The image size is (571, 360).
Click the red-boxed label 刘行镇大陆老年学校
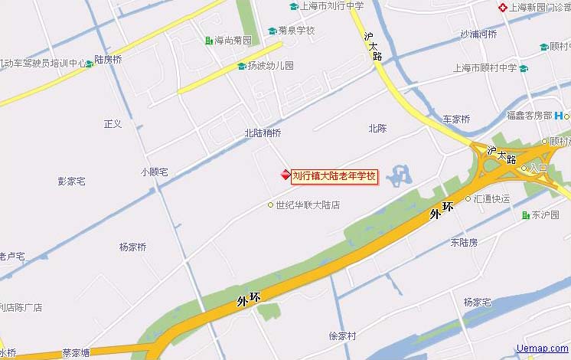click(x=334, y=176)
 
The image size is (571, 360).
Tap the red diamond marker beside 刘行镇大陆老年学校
click(x=285, y=176)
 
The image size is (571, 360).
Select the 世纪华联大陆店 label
click(x=308, y=205)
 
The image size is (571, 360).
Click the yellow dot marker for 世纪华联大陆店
click(x=270, y=205)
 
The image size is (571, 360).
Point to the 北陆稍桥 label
click(x=263, y=133)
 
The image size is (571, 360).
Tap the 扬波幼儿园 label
click(x=270, y=66)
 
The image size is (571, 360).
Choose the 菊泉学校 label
click(x=296, y=31)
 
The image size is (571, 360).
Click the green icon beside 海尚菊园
click(x=209, y=41)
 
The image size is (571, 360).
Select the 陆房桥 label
click(x=108, y=59)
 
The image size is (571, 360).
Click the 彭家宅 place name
click(x=71, y=182)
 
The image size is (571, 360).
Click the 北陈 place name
click(x=377, y=128)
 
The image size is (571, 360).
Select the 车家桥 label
click(x=456, y=119)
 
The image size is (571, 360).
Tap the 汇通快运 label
click(x=491, y=198)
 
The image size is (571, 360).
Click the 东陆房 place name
click(x=464, y=242)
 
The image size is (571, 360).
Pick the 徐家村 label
click(x=342, y=335)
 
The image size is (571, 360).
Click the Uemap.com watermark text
click(x=543, y=349)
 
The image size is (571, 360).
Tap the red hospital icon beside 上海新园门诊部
click(x=502, y=8)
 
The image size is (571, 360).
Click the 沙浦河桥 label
click(x=478, y=34)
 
